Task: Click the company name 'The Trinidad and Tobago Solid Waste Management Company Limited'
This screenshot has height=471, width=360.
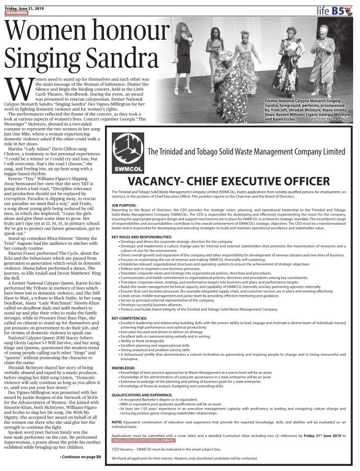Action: point(246,152)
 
